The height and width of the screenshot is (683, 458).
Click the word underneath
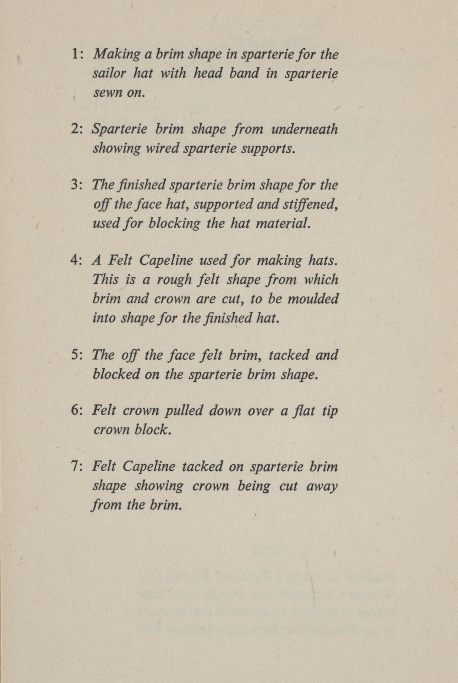[304, 129]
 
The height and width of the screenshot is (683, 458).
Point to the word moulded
[312, 299]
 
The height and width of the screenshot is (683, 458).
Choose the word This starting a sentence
[105, 279]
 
